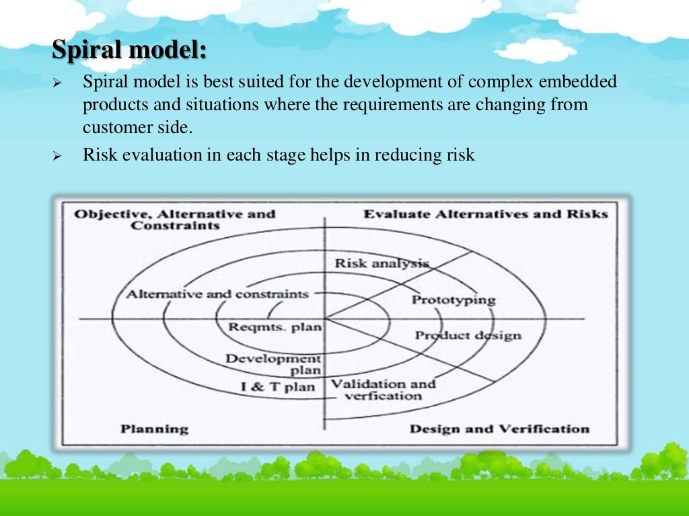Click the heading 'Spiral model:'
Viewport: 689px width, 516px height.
tap(130, 50)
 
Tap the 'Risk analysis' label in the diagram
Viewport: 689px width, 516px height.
tap(382, 263)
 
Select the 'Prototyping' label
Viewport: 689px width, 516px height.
tap(453, 300)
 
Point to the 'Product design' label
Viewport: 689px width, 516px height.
tap(468, 335)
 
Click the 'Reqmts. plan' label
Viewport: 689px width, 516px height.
tap(275, 327)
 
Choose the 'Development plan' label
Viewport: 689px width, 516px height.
tap(273, 364)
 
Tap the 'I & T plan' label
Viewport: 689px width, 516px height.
tap(278, 387)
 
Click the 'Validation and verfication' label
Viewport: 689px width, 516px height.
tap(383, 390)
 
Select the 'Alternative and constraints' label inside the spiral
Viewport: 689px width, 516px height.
tap(217, 294)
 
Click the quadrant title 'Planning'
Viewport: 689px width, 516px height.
tap(155, 429)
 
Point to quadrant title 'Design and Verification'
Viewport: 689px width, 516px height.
tap(499, 429)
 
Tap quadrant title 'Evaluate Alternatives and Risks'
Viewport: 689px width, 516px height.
tap(485, 214)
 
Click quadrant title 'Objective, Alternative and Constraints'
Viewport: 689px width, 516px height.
tap(175, 220)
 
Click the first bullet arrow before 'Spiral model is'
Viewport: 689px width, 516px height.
tap(57, 84)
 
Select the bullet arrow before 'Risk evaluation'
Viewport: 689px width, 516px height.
tap(57, 156)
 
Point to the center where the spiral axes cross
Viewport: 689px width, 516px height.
tap(324, 318)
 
